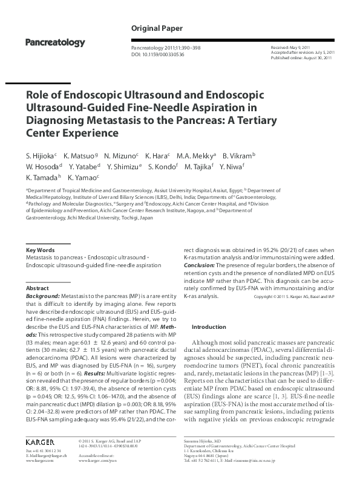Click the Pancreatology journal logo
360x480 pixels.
click(x=54, y=42)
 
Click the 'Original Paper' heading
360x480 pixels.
click(x=155, y=28)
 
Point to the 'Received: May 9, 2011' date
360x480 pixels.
click(x=292, y=47)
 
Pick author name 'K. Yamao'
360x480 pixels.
click(x=83, y=178)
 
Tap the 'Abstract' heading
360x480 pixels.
click(x=38, y=288)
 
